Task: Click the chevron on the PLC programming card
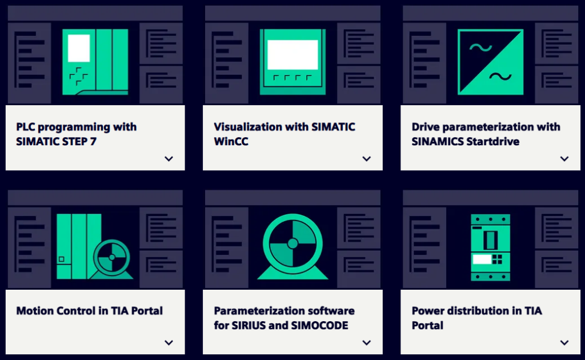click(169, 159)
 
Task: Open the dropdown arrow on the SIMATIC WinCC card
click(367, 159)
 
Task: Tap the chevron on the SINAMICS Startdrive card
click(564, 159)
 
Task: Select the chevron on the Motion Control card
click(169, 342)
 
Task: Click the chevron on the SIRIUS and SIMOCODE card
click(367, 342)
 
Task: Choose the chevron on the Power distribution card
click(564, 342)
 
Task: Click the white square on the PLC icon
click(79, 48)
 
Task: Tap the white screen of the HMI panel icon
click(292, 55)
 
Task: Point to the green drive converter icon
click(490, 62)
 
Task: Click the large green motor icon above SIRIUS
click(292, 247)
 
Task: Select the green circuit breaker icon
click(490, 247)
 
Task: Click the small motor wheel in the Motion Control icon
click(111, 257)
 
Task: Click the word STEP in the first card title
click(74, 141)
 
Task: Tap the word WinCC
click(231, 141)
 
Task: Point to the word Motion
click(34, 311)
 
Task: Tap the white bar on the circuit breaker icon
click(482, 259)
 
